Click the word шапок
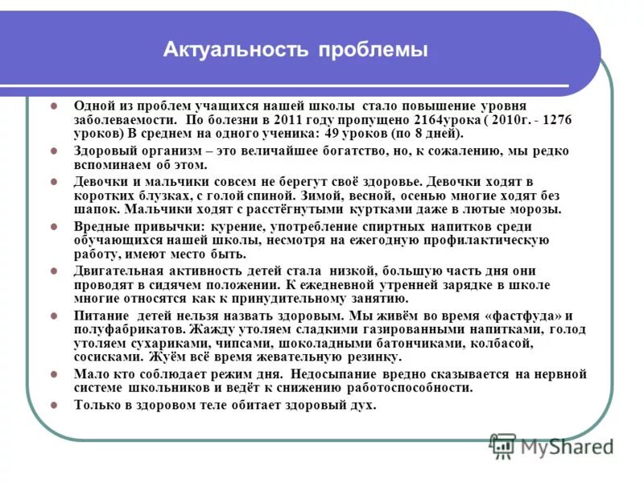92,210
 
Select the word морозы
537,210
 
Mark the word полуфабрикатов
121,329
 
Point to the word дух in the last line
364,405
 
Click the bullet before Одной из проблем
54,105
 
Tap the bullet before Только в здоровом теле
54,405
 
